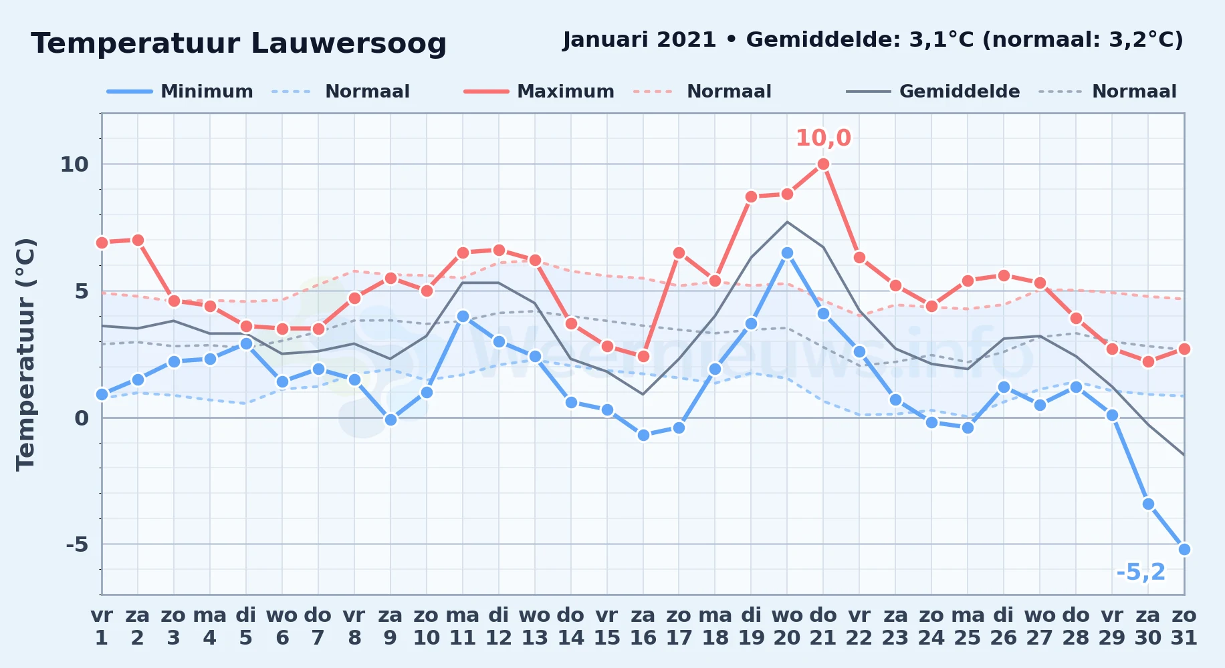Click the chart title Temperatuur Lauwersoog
click(239, 43)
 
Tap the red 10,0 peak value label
click(823, 138)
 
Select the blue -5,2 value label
click(1141, 572)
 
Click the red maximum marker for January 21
click(823, 164)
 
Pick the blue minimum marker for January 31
click(1184, 549)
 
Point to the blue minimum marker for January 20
click(787, 253)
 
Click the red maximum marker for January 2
click(138, 240)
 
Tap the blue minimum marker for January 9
click(391, 420)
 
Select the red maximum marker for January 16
click(643, 356)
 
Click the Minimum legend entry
click(180, 92)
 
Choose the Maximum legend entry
click(539, 92)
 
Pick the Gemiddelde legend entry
click(933, 92)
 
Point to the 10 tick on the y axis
click(74, 164)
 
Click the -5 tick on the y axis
click(77, 544)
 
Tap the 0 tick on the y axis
click(82, 418)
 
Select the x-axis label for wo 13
click(535, 627)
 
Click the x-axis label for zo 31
click(1184, 627)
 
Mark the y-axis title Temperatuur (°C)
click(25, 354)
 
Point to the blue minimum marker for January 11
click(463, 316)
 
